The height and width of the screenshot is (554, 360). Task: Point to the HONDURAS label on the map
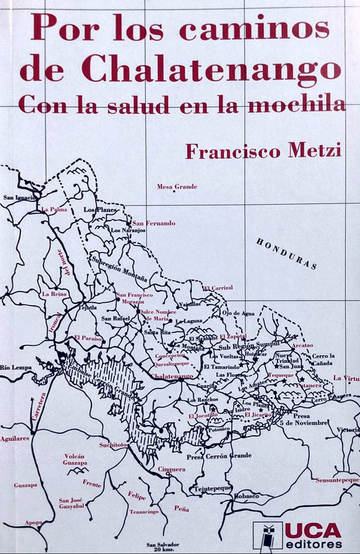(287, 253)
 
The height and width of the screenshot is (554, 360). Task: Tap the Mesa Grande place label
(176, 186)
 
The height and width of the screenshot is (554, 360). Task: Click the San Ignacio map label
(18, 198)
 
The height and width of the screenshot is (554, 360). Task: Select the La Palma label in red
(54, 209)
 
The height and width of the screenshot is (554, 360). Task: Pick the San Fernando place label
(153, 223)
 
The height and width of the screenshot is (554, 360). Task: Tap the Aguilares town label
(15, 438)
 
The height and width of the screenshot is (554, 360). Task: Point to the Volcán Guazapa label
(74, 459)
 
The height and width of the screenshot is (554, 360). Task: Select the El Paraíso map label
(88, 337)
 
